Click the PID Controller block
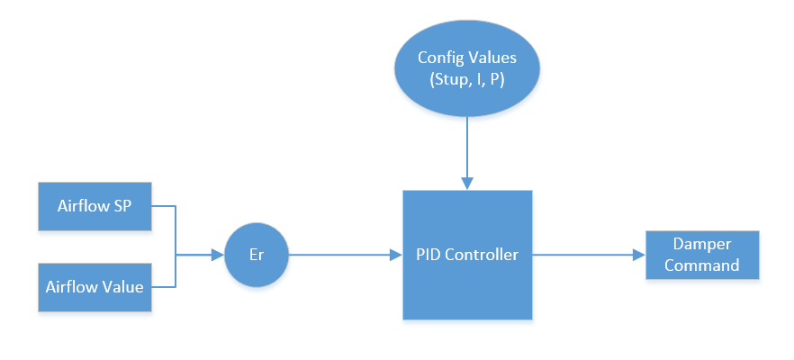tap(467, 255)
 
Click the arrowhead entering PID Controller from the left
tap(396, 255)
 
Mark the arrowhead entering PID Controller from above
tap(466, 184)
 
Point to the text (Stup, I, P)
tap(466, 80)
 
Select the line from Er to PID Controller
tap(342, 255)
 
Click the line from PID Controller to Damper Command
tap(585, 255)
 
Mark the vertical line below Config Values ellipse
tap(466, 148)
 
